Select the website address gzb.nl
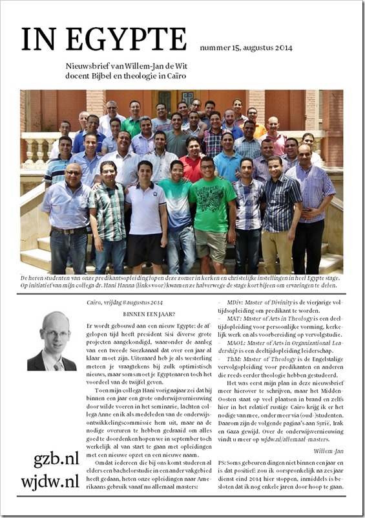click(x=56, y=460)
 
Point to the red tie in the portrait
click(x=56, y=365)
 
